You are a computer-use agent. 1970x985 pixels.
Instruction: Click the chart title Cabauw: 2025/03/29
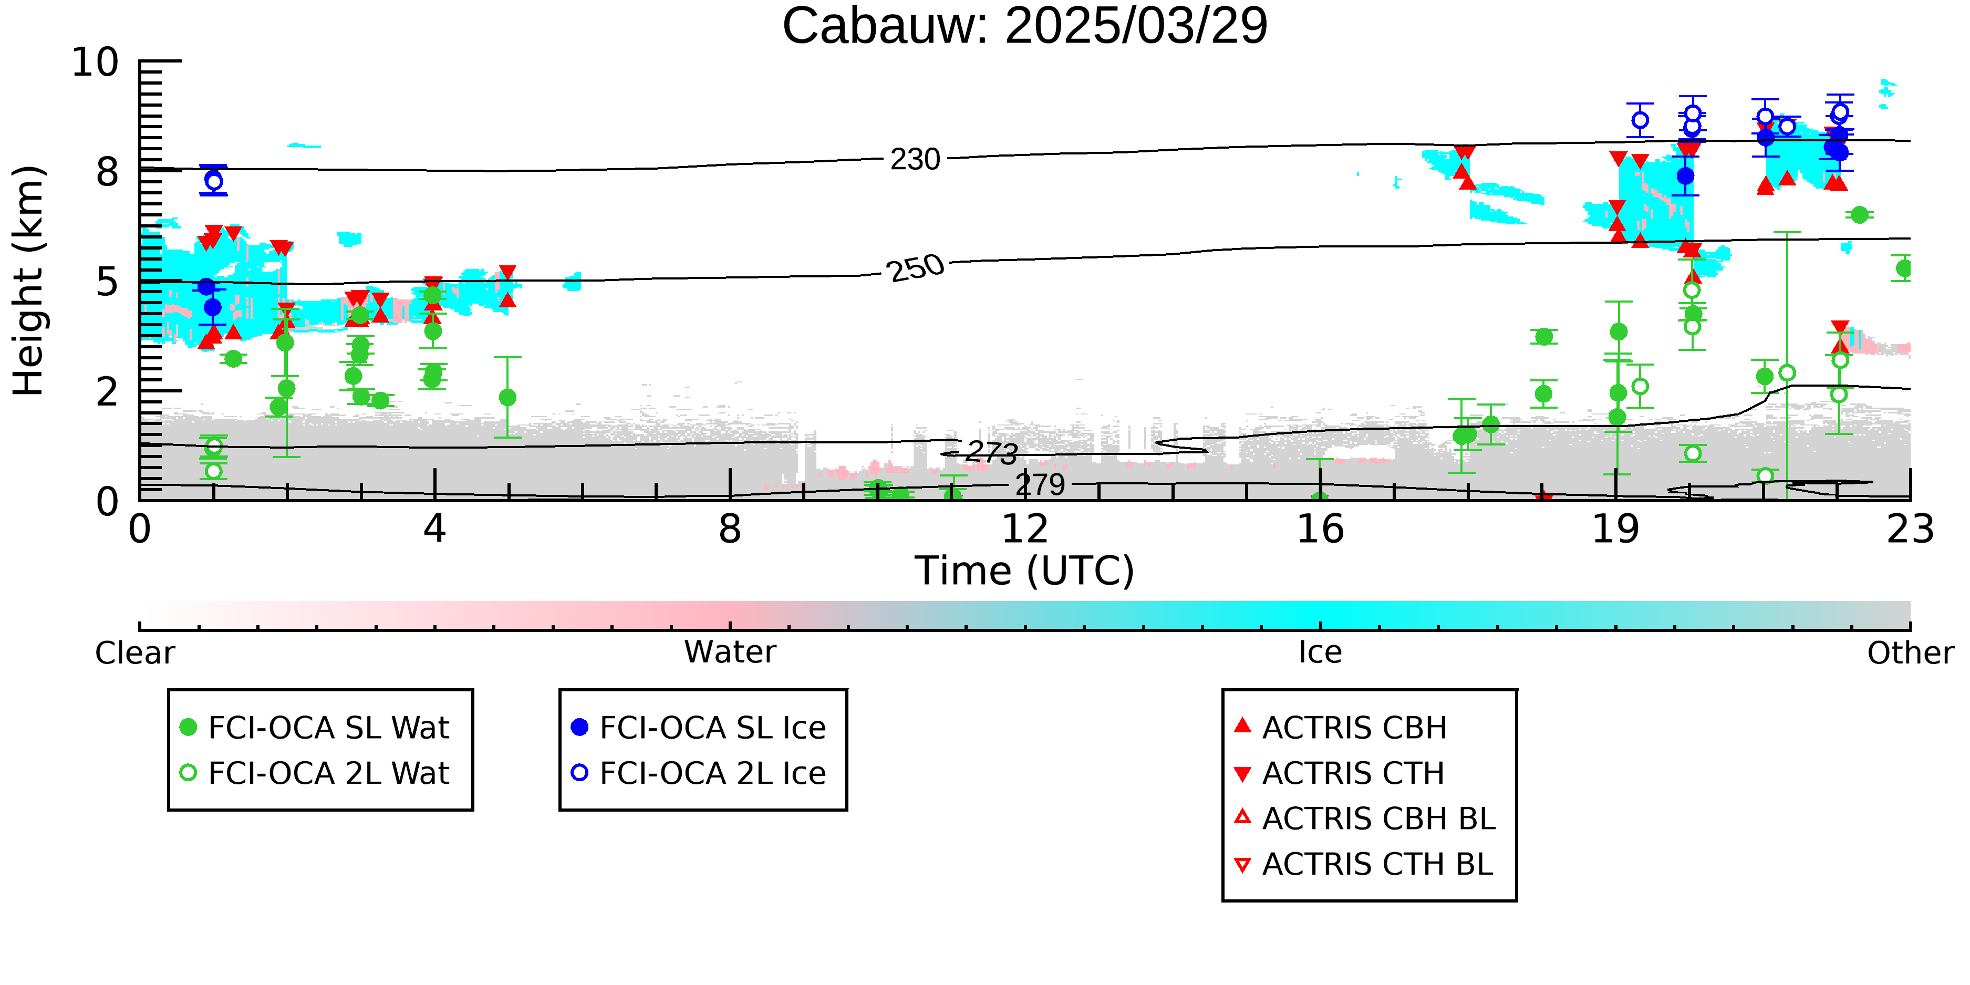coord(1025,26)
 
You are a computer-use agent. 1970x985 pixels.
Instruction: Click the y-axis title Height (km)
coord(28,281)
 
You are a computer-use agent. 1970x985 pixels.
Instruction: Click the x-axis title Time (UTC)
coord(1025,571)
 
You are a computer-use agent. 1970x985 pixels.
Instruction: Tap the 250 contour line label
coord(916,268)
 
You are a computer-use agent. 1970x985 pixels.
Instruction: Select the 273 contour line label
coord(991,452)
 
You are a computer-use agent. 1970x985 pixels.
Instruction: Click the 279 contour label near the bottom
coord(1040,484)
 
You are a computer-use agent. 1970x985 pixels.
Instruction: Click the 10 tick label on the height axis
coord(96,62)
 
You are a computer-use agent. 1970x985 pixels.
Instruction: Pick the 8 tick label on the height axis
coord(108,172)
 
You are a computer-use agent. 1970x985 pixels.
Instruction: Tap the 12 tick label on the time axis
coord(1025,529)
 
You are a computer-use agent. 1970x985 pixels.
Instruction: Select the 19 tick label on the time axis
coord(1615,529)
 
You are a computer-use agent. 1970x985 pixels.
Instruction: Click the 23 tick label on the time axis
coord(1910,529)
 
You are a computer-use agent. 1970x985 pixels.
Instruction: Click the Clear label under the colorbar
coord(134,653)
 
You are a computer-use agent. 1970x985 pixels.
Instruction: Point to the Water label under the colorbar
coord(730,652)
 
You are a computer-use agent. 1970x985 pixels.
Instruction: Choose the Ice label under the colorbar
coord(1320,652)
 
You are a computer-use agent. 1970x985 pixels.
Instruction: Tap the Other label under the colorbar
coord(1910,653)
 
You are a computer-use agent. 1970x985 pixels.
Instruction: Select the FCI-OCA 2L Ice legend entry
coord(699,773)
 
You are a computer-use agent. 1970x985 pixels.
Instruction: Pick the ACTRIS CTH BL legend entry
coord(1364,864)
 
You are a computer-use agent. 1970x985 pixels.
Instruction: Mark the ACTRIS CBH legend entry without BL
coord(1341,727)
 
